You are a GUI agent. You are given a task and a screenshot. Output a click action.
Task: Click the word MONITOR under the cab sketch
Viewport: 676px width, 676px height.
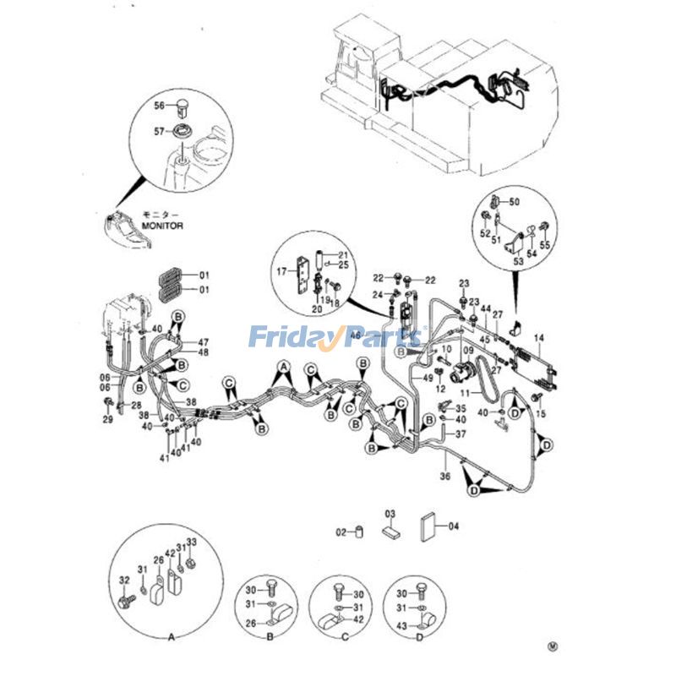[x=162, y=226]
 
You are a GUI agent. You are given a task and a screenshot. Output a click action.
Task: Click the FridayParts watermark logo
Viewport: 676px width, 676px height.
[x=335, y=339]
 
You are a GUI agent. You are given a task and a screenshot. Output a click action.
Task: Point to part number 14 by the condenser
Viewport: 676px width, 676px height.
[x=539, y=337]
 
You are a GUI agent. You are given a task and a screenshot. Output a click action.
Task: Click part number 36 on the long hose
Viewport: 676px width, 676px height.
[x=444, y=476]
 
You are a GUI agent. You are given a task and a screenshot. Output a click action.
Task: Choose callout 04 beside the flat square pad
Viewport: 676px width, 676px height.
[x=453, y=526]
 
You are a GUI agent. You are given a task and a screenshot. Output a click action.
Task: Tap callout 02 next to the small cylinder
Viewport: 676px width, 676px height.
[x=341, y=532]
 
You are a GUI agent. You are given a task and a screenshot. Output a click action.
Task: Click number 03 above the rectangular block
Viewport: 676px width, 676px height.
[x=390, y=514]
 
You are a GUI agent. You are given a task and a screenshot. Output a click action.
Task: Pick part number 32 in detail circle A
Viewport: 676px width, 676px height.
[x=124, y=581]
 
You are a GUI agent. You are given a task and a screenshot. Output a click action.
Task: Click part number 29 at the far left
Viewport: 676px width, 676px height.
[x=107, y=419]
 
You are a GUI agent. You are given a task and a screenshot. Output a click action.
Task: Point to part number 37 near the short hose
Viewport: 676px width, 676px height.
[x=461, y=433]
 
